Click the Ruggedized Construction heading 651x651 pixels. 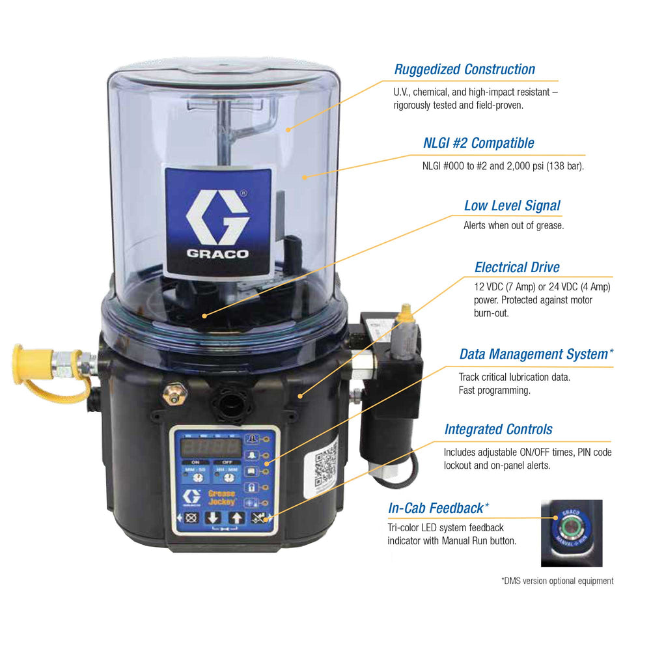465,70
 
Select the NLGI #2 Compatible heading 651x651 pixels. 478,143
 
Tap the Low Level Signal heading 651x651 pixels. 512,206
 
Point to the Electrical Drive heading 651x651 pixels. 517,267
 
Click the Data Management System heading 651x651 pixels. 536,354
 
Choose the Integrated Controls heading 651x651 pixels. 498,429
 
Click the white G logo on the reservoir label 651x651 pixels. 217,217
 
